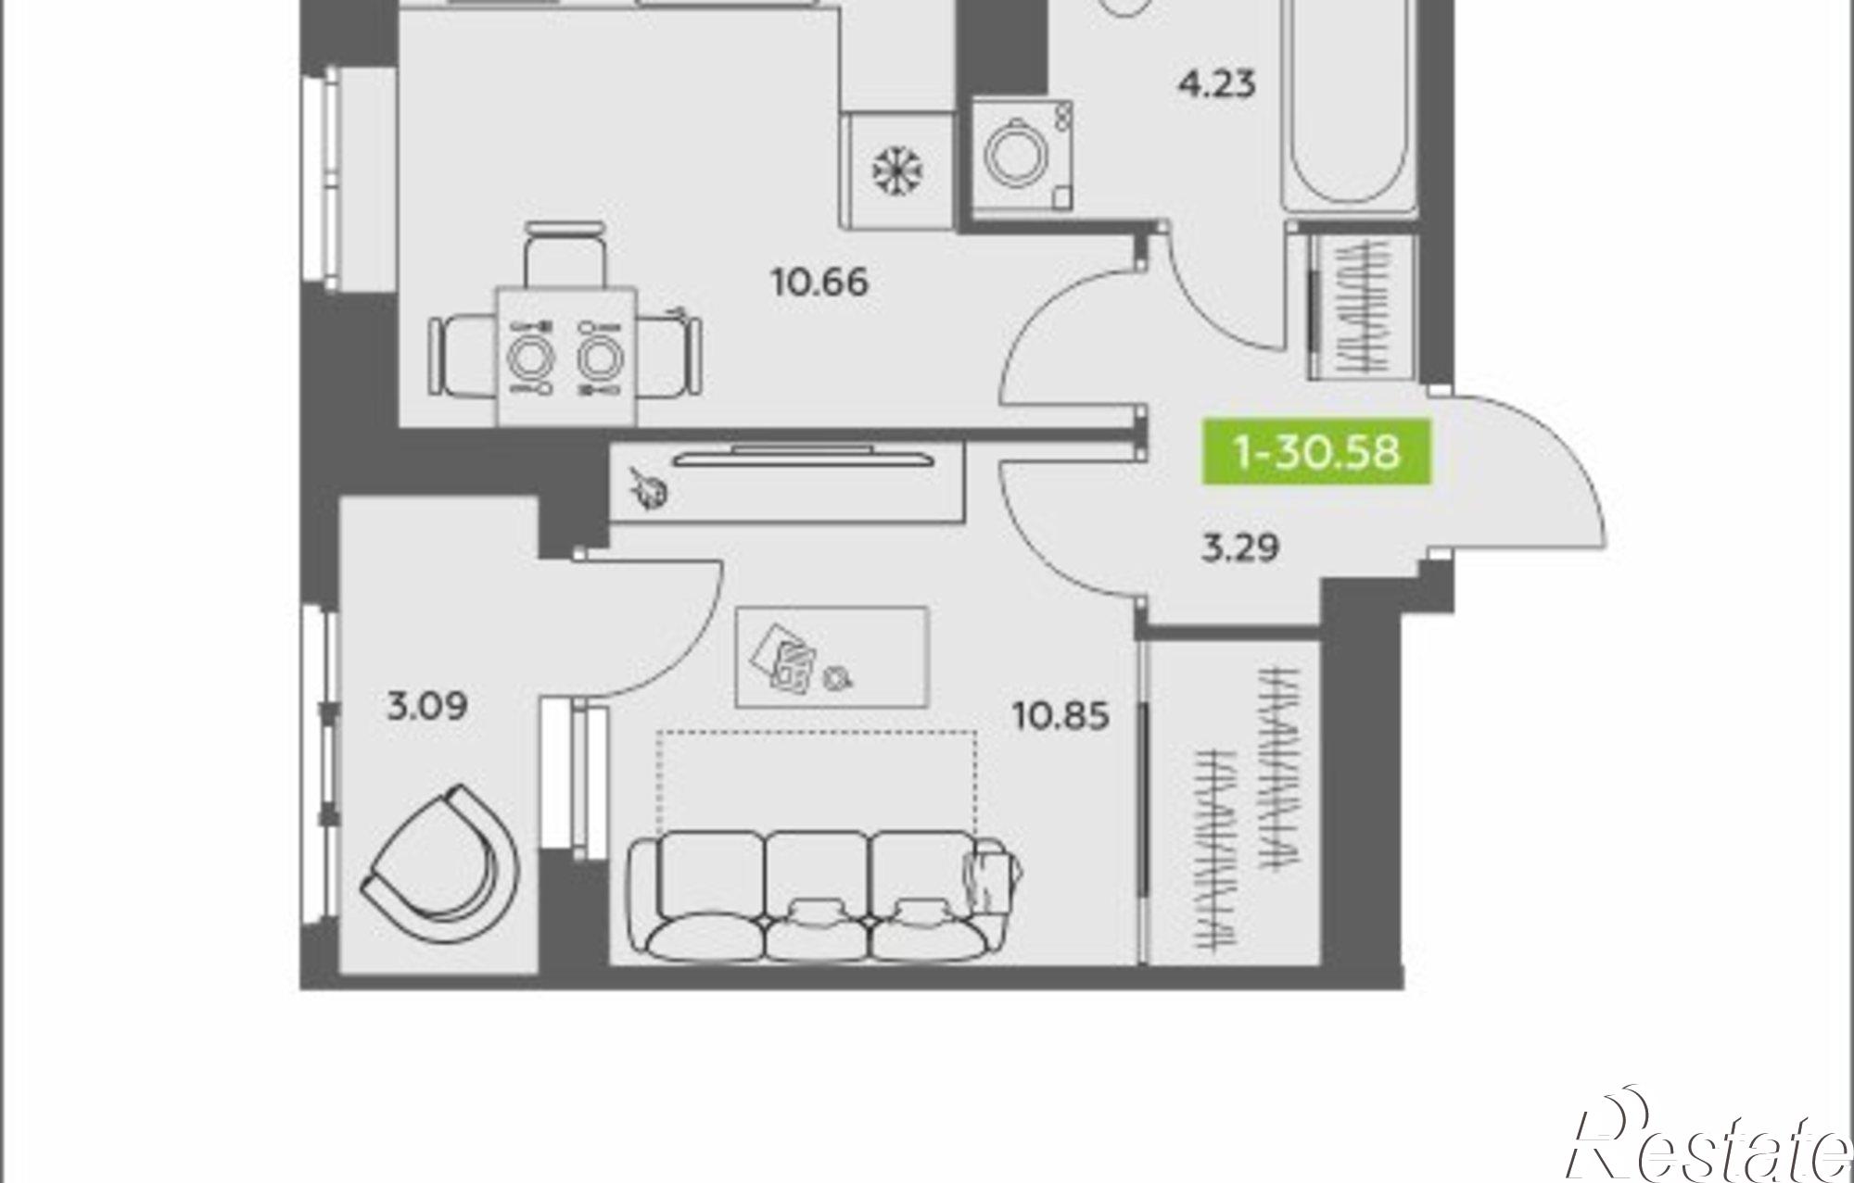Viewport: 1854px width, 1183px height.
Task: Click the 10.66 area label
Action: [820, 281]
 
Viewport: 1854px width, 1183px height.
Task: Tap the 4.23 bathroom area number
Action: [1216, 84]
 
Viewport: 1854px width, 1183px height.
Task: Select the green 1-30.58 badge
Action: [1316, 453]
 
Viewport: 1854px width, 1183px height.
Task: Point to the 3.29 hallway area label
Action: [1240, 548]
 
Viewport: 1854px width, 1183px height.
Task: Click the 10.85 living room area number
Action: [1061, 716]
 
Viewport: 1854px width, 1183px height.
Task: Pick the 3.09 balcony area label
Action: [427, 708]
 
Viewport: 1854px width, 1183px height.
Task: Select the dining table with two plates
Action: [566, 357]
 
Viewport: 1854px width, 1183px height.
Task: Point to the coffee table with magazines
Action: [832, 657]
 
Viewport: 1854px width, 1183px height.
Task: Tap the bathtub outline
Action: [1350, 107]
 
